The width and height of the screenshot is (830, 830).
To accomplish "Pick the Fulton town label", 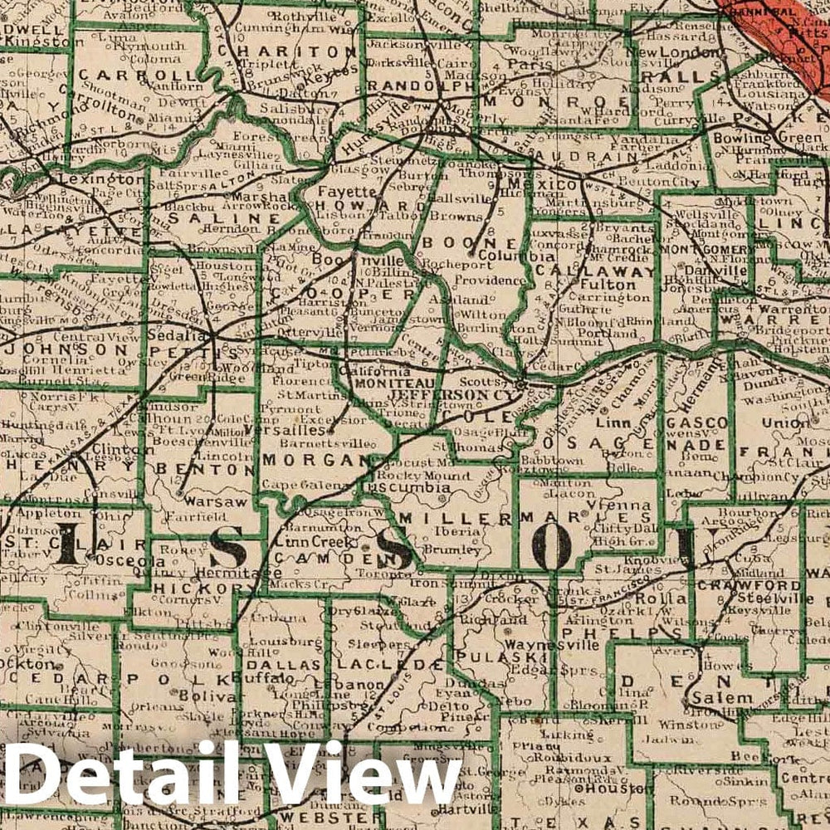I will pos(614,285).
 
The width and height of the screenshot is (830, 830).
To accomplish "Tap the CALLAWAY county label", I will pos(595,271).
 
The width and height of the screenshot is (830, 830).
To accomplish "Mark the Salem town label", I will pos(721,699).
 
